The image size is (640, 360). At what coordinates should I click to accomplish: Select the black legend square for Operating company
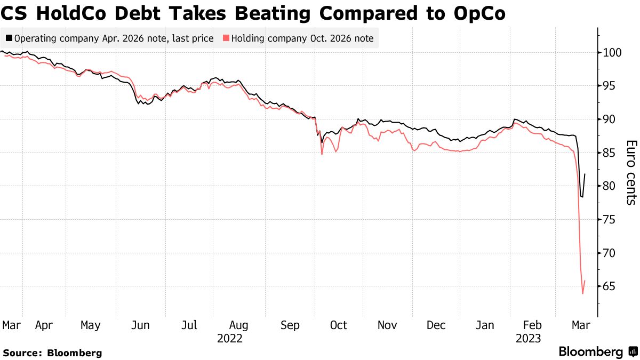tap(9, 38)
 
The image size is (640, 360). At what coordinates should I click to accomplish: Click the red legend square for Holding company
tap(226, 38)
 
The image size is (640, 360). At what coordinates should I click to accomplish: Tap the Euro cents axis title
tap(631, 172)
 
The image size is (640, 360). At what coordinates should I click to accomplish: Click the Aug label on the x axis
tap(238, 325)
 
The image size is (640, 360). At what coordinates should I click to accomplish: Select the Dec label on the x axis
tap(436, 325)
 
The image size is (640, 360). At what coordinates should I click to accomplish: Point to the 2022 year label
tap(230, 339)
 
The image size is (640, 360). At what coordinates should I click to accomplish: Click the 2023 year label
tap(528, 339)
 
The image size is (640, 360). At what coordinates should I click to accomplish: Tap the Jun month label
tap(139, 325)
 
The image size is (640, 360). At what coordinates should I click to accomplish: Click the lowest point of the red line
tap(582, 293)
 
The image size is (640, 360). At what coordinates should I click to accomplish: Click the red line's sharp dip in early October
tap(322, 154)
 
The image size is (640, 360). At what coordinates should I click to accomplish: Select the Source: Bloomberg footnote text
tap(52, 353)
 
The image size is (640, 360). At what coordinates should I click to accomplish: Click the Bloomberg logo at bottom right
tap(598, 352)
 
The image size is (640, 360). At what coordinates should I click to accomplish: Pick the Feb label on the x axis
tap(532, 325)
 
